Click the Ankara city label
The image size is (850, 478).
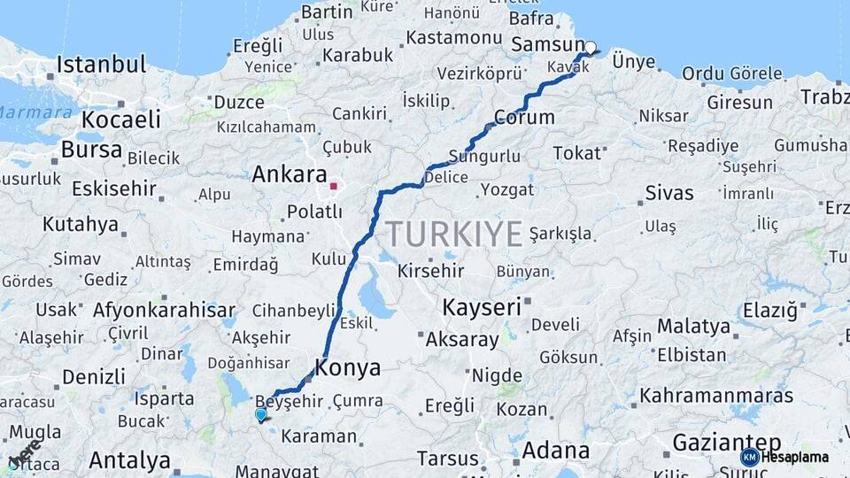click(x=290, y=174)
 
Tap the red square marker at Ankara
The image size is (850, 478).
click(x=334, y=186)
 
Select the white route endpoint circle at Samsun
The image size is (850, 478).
click(x=590, y=48)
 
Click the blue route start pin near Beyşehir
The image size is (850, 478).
click(x=260, y=414)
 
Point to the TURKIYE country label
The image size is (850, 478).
click(x=453, y=235)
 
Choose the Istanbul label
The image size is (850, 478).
click(x=101, y=65)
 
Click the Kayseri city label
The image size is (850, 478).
click(x=481, y=308)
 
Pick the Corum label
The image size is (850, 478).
click(x=524, y=117)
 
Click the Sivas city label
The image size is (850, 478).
click(x=668, y=192)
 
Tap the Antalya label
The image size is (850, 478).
click(x=129, y=460)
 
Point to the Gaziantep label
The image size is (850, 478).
click(x=727, y=442)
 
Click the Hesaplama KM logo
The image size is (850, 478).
click(x=784, y=457)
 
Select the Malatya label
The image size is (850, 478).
click(x=693, y=326)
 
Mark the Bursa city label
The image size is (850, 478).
click(x=92, y=150)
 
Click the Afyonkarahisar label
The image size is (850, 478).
click(x=165, y=310)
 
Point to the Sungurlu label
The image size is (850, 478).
click(x=484, y=157)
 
